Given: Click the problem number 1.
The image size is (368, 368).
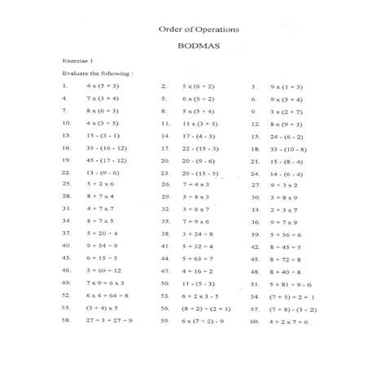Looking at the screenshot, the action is click(64, 85).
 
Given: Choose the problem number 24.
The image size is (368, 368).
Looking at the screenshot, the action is click(253, 173).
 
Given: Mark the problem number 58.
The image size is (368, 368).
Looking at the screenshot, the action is click(65, 321).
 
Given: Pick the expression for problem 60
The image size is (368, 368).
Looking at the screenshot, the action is click(290, 321).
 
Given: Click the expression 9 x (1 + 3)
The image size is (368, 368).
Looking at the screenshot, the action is click(286, 85).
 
